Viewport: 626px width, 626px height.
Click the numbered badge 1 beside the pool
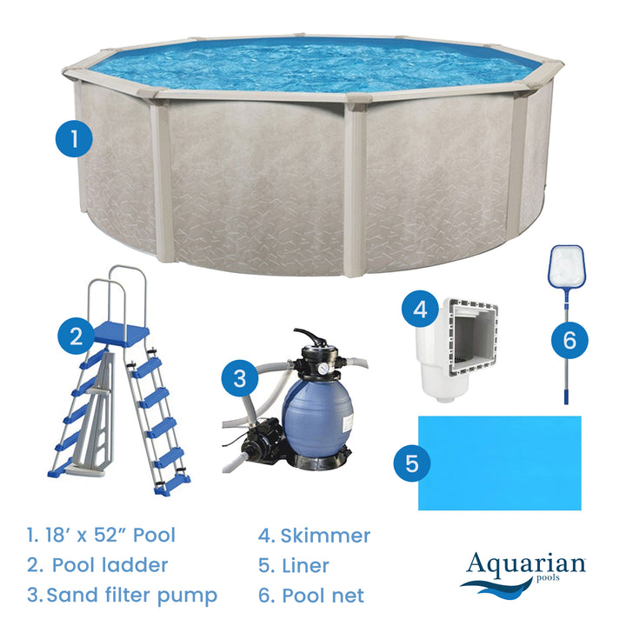tap(75, 137)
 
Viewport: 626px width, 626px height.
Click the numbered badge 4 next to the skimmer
tap(421, 309)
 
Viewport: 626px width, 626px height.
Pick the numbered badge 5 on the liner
tap(411, 463)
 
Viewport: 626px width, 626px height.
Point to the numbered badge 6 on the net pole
tap(569, 339)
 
